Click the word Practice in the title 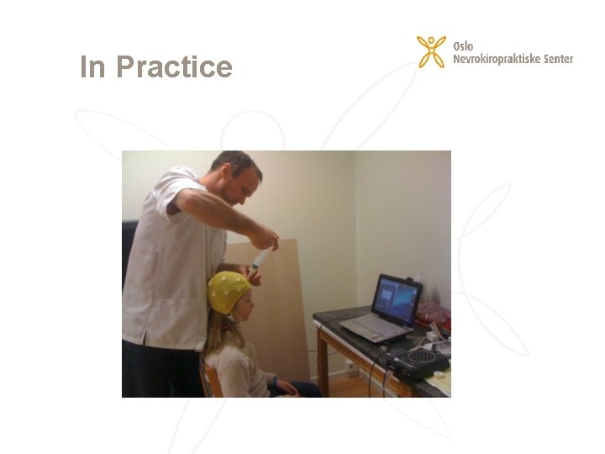(174, 66)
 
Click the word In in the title (93, 66)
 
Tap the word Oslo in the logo (463, 46)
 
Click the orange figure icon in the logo (431, 51)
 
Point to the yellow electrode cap (228, 291)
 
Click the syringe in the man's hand (260, 258)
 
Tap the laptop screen (396, 298)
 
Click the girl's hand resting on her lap (282, 386)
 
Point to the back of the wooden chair (211, 379)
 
